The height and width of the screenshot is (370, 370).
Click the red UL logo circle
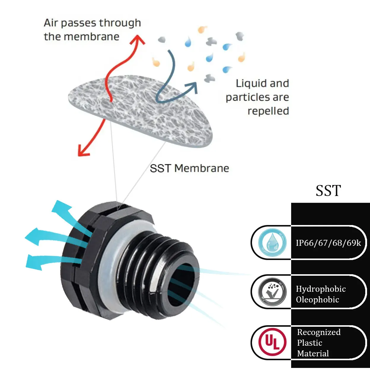[272, 342]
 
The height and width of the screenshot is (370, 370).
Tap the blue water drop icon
[272, 243]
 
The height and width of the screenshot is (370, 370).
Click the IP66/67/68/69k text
[328, 243]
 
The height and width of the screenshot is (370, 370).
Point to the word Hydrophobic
[321, 289]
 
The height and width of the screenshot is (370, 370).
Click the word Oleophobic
[318, 299]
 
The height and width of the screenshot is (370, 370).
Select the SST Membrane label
[189, 168]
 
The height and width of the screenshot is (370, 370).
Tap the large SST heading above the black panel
[328, 190]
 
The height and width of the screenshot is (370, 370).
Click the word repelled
[268, 111]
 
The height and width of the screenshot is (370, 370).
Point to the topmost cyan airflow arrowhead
[60, 207]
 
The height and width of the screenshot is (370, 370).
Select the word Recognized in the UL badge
[319, 332]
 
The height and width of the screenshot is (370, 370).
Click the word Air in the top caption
[51, 23]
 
